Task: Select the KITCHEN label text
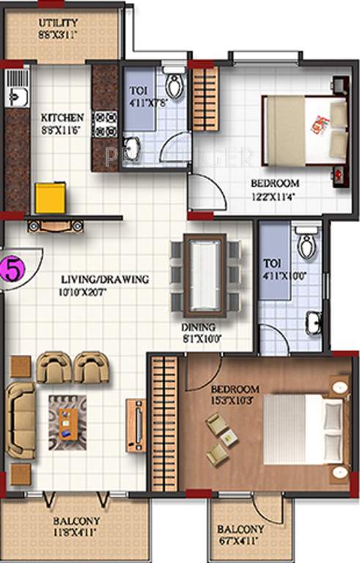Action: (x=62, y=117)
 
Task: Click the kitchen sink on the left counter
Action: (x=16, y=95)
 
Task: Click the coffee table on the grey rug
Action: (x=67, y=423)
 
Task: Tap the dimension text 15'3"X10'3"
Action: (x=235, y=400)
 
